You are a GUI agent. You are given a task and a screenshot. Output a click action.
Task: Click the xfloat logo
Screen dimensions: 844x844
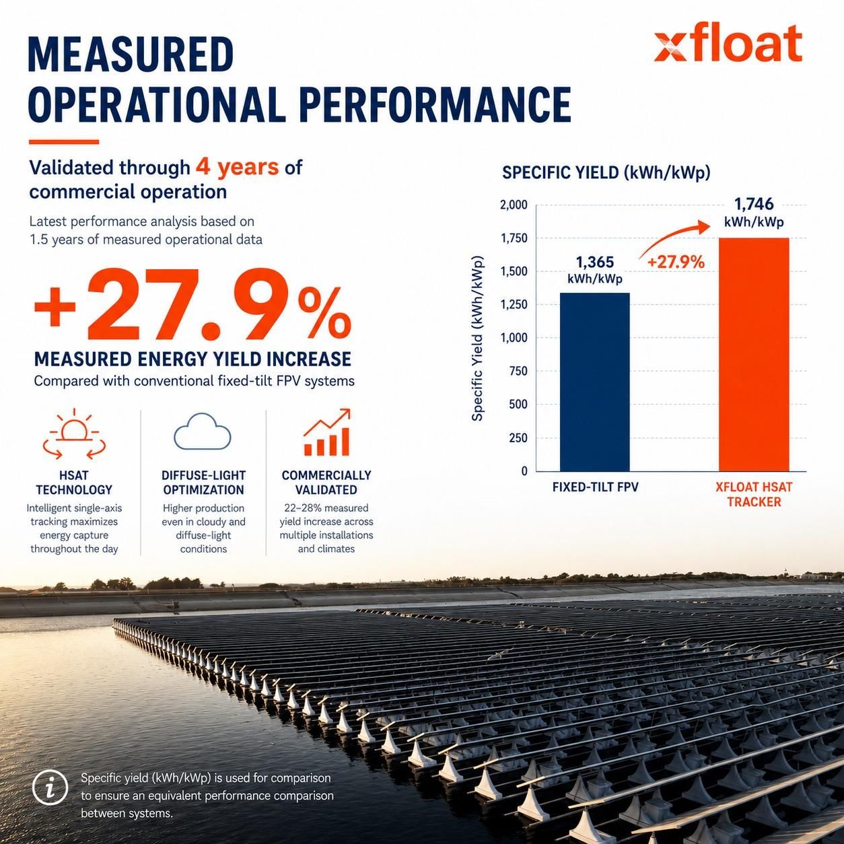coord(728,44)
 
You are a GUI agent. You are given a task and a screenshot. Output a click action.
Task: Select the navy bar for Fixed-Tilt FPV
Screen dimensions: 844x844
coord(595,382)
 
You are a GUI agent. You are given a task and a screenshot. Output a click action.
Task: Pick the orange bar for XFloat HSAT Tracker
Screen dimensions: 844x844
coord(754,355)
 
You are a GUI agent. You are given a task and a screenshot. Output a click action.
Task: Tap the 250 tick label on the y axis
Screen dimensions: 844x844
coord(518,438)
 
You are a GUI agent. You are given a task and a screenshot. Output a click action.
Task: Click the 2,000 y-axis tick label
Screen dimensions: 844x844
coord(514,205)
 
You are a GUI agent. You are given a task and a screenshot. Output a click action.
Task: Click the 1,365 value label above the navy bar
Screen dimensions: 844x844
coord(595,262)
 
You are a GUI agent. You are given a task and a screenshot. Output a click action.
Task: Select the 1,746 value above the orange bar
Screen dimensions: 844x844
coord(754,204)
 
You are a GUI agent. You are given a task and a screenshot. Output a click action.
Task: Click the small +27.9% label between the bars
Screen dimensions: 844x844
coord(676,262)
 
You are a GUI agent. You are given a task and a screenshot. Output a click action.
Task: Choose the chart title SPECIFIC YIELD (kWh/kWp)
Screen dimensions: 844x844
coord(606,173)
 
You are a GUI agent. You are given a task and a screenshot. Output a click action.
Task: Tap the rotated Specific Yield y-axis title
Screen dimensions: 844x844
coord(477,338)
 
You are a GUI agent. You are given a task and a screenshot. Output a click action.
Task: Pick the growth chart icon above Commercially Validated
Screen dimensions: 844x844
coord(326,432)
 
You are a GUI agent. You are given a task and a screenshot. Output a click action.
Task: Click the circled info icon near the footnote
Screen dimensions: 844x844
coord(50,789)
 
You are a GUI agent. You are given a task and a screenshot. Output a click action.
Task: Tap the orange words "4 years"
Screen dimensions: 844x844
coord(237,167)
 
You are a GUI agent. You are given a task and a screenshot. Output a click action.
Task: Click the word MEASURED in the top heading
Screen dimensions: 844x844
coord(131,55)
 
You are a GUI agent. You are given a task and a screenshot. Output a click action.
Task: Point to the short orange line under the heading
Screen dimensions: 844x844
coord(64,142)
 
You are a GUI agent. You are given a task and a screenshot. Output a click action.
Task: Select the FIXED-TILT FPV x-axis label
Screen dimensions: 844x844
coord(595,487)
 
